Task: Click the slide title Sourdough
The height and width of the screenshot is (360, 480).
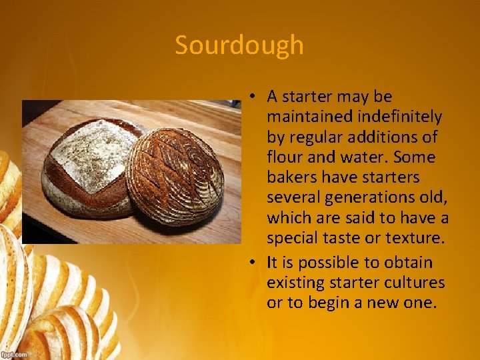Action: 239,45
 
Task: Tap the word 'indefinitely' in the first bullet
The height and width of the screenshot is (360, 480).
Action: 400,117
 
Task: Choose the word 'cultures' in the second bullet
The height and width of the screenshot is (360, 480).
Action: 417,283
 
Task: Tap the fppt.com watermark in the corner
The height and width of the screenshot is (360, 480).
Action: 14,355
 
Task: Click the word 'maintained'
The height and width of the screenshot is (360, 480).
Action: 310,117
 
